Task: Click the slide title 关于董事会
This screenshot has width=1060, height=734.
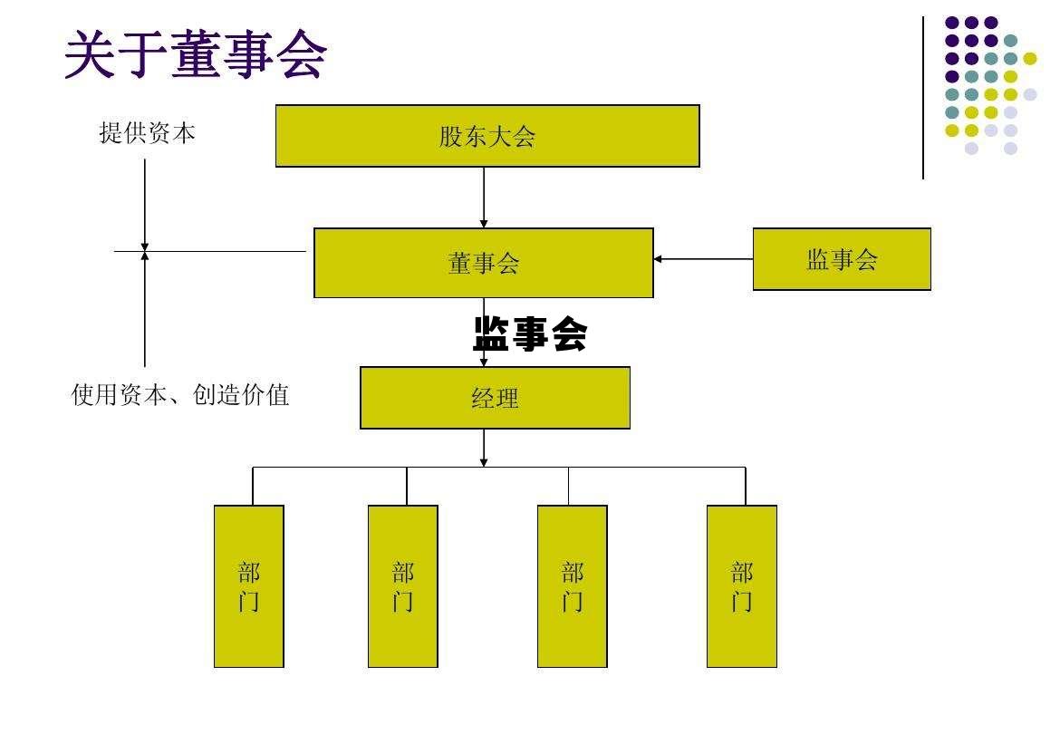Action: click(195, 54)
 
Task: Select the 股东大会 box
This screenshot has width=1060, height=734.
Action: click(487, 136)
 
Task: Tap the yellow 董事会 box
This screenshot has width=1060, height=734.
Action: click(483, 263)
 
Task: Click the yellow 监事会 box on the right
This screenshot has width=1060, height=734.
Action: click(842, 259)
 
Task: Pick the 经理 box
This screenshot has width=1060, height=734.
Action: click(495, 398)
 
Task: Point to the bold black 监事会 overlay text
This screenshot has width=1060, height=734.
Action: click(530, 334)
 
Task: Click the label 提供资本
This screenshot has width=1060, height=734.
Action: click(147, 133)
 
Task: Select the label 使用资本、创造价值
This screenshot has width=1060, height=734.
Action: click(180, 395)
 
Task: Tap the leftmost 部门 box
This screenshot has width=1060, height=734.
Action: click(249, 586)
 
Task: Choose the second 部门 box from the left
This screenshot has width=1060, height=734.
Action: click(403, 586)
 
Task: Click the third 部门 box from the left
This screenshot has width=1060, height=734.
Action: click(573, 586)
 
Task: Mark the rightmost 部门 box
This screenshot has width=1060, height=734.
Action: click(742, 586)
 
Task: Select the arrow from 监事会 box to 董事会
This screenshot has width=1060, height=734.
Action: click(703, 259)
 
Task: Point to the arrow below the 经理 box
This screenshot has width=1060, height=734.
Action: click(484, 448)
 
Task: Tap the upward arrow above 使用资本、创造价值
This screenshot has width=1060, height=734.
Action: click(145, 308)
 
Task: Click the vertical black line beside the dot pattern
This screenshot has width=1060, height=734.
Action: click(923, 98)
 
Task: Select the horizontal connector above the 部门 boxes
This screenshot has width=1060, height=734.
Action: click(498, 468)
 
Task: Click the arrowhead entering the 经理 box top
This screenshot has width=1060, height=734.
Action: click(484, 362)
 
